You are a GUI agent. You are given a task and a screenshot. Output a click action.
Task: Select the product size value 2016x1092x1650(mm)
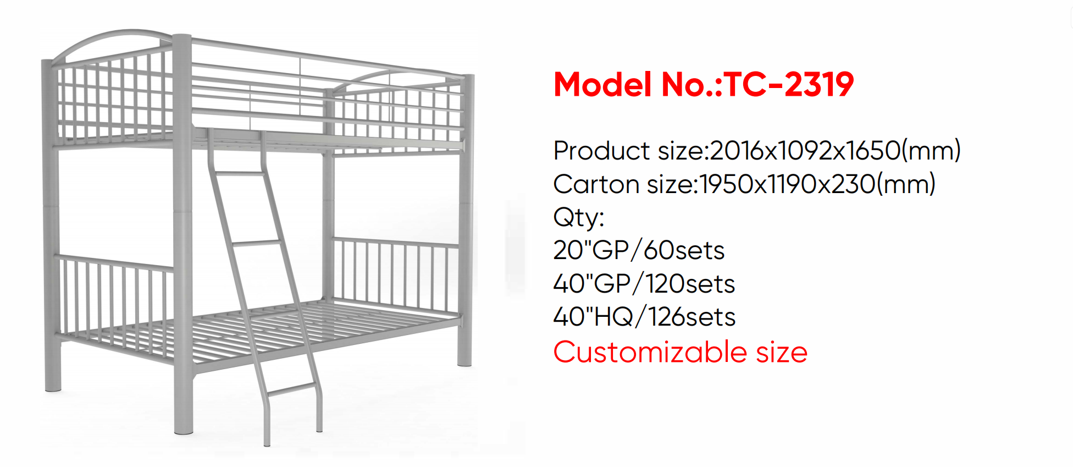[835, 150]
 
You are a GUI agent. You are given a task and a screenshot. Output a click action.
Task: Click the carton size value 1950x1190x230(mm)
[817, 184]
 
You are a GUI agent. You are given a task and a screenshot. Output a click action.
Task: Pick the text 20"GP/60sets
[639, 250]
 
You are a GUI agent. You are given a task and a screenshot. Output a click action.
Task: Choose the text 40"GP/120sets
[644, 284]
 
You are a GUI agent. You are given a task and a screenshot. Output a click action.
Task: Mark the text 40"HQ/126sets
[644, 317]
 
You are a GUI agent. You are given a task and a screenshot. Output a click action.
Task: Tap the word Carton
[596, 184]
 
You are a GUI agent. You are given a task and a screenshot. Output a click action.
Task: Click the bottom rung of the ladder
[292, 390]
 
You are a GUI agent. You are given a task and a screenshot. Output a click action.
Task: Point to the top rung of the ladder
[240, 173]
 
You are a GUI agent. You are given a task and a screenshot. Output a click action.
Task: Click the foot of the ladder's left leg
[267, 442]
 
